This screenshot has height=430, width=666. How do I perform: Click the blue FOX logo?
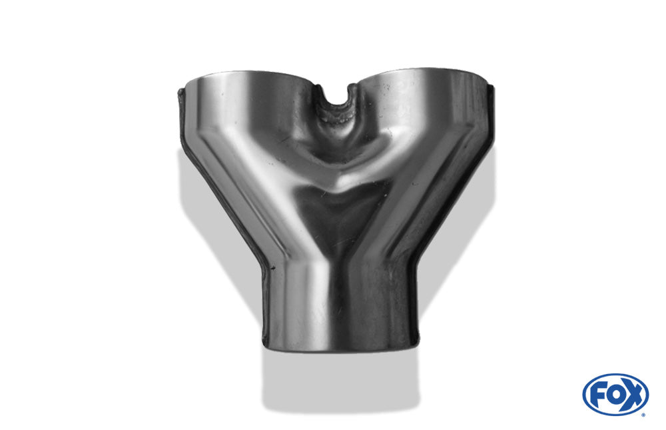point(615,394)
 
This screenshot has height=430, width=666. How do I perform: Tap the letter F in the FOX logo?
point(597,394)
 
